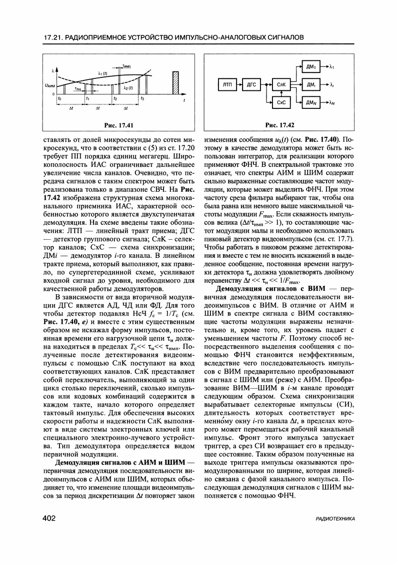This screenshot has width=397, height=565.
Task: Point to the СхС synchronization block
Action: pyautogui.click(x=281, y=103)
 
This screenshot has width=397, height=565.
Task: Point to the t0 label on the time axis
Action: pyautogui.click(x=59, y=99)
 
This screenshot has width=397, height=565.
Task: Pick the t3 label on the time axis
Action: pyautogui.click(x=142, y=99)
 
